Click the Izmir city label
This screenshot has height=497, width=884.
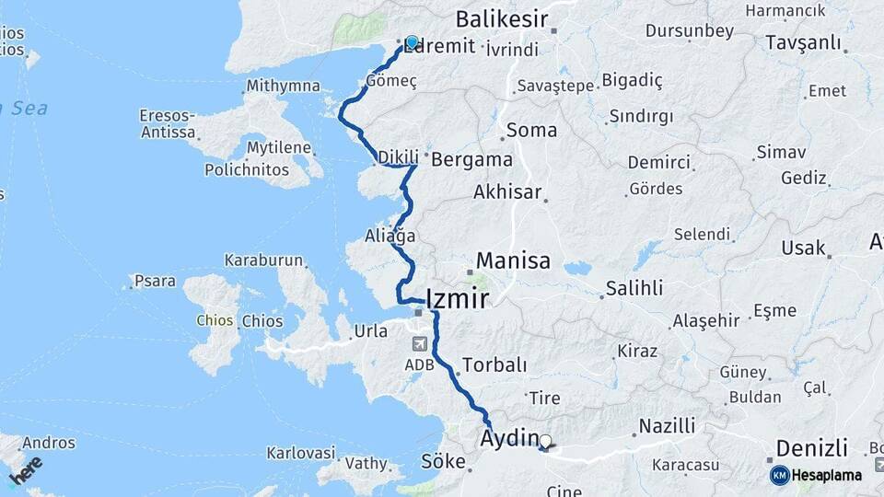[458, 298]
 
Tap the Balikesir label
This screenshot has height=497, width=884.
[502, 19]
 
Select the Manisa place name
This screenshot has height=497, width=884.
[513, 260]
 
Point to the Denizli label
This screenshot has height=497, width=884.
[811, 448]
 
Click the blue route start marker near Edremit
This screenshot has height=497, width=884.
[412, 42]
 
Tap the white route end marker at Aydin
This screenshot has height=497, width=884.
[545, 442]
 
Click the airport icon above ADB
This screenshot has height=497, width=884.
[420, 344]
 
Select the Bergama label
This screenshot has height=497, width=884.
[471, 158]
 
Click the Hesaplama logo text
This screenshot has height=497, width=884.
[826, 475]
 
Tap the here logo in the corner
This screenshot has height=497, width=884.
[26, 470]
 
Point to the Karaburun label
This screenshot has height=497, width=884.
[263, 260]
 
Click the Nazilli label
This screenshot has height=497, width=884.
[667, 425]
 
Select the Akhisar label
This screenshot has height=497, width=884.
[506, 192]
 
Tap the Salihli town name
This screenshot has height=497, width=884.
[634, 288]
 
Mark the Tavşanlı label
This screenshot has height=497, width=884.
[803, 43]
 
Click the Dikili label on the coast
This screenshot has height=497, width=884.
[398, 157]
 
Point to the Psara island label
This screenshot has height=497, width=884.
[155, 280]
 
